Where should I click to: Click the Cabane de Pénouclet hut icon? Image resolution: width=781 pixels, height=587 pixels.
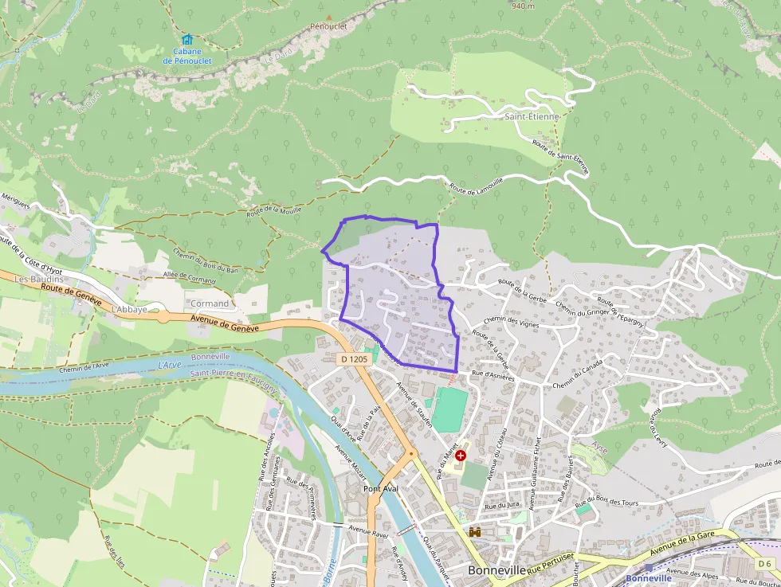coord(187,39)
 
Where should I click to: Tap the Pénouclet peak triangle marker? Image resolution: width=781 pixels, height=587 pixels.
coord(328,17)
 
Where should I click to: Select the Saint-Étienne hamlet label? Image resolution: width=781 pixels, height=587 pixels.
coord(532,116)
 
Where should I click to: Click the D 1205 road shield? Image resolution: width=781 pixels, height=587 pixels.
coord(355,359)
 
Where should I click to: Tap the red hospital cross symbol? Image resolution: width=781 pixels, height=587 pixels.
coord(461,455)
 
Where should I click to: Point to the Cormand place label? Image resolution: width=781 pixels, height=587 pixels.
coord(209,303)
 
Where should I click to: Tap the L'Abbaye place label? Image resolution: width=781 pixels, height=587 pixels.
coord(130,309)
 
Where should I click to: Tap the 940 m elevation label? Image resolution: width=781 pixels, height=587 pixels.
coord(523,6)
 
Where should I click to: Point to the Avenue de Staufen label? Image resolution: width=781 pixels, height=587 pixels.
coord(415,405)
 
